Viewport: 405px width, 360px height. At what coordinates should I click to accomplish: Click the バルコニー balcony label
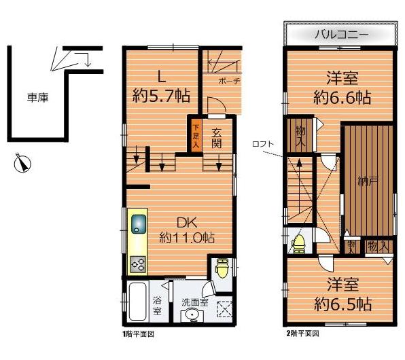tap(341, 33)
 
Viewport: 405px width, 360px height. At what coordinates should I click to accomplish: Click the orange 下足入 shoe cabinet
tap(196, 134)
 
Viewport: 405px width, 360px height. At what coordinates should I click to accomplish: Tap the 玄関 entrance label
tap(217, 138)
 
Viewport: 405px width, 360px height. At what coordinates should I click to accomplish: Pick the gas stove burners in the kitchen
tap(139, 262)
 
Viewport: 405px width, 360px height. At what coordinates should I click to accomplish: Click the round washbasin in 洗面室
tap(193, 314)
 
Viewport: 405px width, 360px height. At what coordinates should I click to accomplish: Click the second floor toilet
tap(298, 241)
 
